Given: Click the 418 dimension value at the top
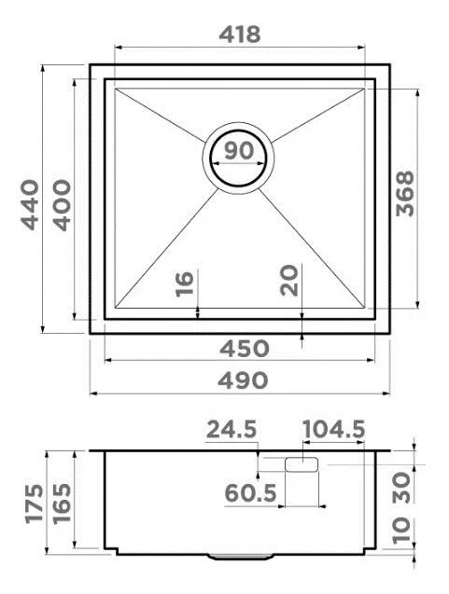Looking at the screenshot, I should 239,34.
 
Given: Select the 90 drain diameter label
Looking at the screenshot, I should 239,149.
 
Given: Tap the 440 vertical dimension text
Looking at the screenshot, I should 30,203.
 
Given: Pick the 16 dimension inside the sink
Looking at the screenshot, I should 183,283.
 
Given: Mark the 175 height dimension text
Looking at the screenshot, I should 35,504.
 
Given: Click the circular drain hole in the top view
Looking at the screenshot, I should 239,155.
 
